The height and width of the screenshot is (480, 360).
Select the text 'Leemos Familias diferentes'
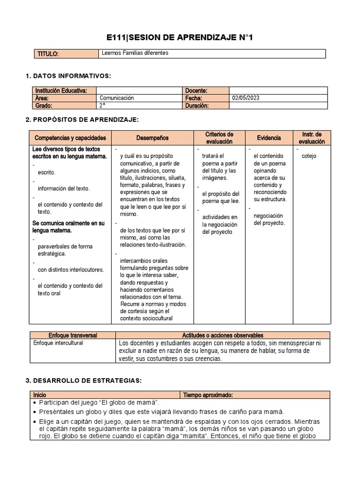135,53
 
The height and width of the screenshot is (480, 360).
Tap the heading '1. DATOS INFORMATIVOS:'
68,75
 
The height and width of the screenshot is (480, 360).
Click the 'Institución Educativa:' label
60,90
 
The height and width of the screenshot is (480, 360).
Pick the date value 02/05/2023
246,98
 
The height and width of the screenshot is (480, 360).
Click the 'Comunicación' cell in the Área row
117,98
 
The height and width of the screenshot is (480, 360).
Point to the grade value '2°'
103,105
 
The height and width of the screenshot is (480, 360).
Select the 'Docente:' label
196,90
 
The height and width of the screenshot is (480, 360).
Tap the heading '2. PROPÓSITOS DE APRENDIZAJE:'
82,120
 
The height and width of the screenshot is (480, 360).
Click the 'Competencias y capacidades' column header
70,138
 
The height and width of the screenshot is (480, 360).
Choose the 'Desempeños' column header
152,138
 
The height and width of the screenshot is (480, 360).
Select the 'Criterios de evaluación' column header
219,138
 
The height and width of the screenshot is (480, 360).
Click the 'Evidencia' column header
269,138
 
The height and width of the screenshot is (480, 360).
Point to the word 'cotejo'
309,156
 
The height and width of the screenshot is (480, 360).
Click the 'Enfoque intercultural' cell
58,343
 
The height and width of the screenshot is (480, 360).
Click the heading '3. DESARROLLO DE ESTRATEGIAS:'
82,380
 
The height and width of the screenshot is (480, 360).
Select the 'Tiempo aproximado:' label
208,395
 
